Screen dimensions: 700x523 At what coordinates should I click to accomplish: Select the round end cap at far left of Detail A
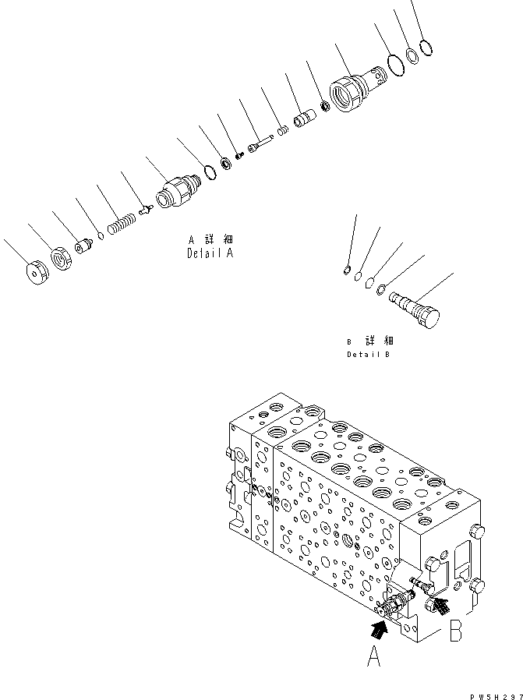(x=35, y=274)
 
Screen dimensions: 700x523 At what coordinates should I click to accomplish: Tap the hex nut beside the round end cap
(x=62, y=257)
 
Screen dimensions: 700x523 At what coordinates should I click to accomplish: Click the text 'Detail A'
(x=210, y=253)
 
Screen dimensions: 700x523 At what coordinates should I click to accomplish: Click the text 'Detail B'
(x=369, y=354)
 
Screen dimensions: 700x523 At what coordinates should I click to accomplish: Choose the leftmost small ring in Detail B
(x=346, y=270)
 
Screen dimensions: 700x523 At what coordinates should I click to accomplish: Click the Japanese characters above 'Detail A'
(x=210, y=240)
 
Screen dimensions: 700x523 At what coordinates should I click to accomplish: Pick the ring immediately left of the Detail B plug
(x=381, y=291)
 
